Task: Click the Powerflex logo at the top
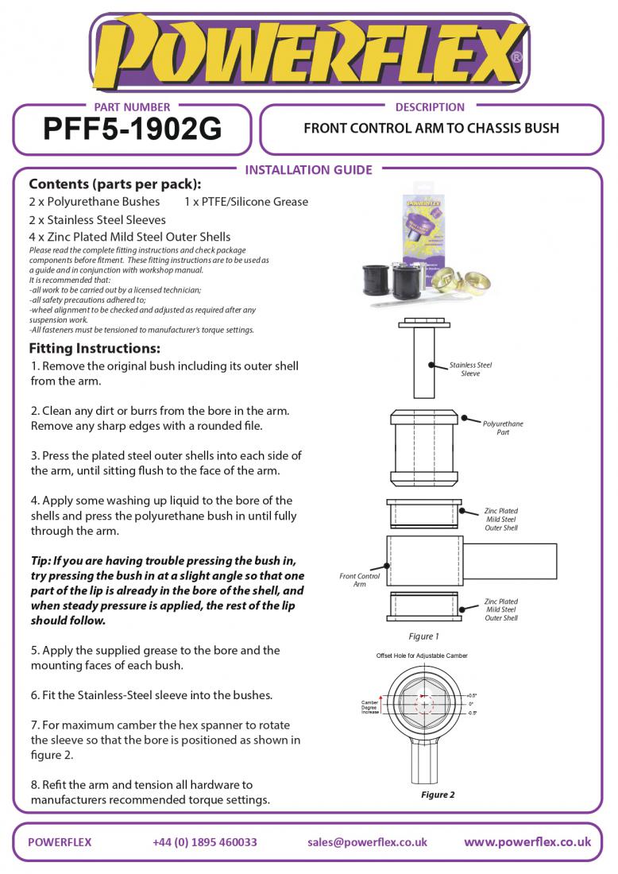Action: click(x=308, y=52)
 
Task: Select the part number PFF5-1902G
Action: click(x=132, y=129)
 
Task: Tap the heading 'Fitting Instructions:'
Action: click(x=95, y=349)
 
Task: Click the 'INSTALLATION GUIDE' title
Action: click(x=308, y=169)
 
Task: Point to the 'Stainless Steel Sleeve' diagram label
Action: click(x=470, y=369)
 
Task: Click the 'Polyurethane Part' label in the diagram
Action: click(x=503, y=428)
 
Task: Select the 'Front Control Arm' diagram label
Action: click(x=359, y=580)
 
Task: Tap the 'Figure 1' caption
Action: click(x=423, y=636)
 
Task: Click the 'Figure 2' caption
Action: click(x=438, y=795)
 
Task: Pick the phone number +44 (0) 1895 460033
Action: click(x=205, y=842)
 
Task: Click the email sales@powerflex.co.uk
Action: click(x=367, y=842)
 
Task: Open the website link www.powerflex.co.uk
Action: click(x=527, y=842)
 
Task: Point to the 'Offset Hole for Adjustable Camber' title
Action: click(x=422, y=655)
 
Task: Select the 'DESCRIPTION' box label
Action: click(x=430, y=107)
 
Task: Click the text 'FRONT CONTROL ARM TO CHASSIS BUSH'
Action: click(x=431, y=128)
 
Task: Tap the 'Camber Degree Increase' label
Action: click(x=370, y=707)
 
